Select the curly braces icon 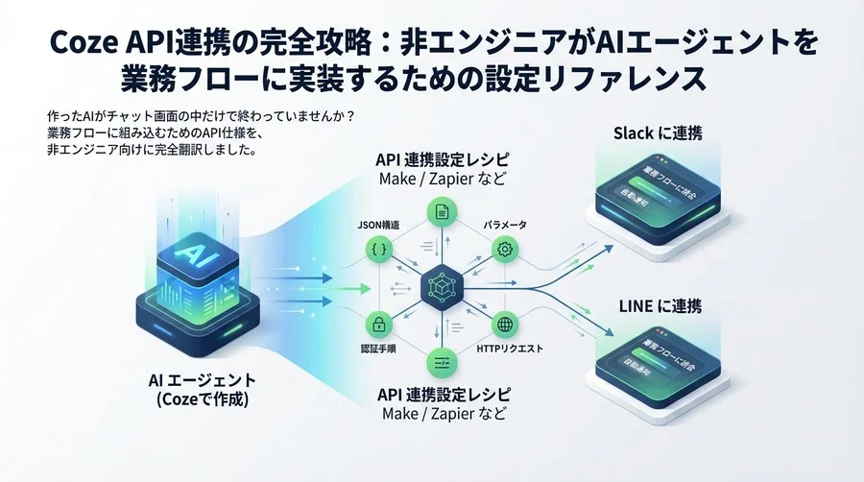tap(376, 250)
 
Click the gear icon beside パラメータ tap(504, 250)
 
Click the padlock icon tap(377, 324)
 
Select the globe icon tap(504, 324)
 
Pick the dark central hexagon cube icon tap(441, 286)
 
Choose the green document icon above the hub tap(441, 211)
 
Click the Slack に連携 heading tap(657, 133)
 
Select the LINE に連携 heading tap(658, 307)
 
